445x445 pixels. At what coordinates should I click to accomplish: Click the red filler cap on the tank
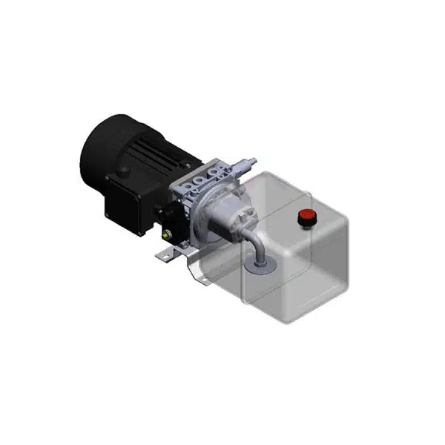coord(305,217)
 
